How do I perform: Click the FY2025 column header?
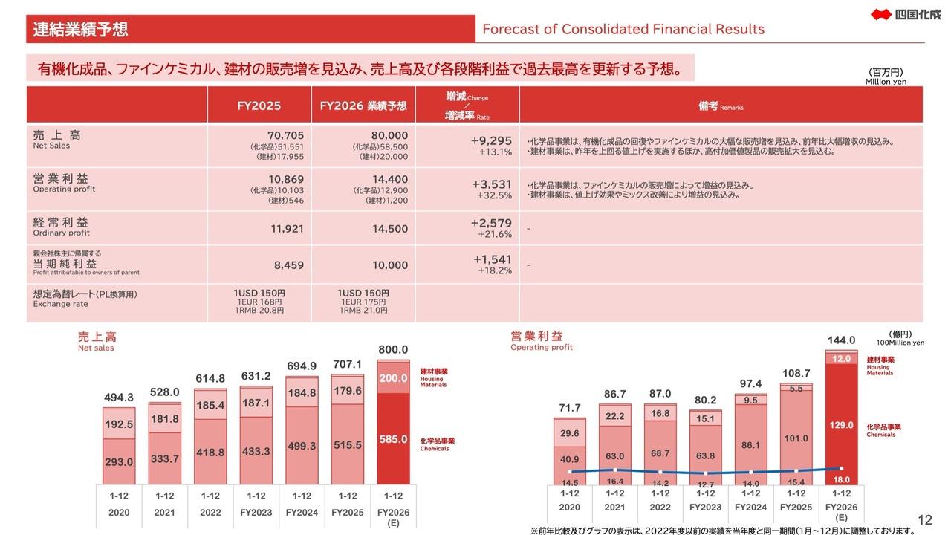point(259,106)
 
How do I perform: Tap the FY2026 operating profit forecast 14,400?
point(390,179)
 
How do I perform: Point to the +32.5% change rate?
point(494,195)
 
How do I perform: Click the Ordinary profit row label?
point(61,227)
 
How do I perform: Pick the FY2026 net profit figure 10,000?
point(390,265)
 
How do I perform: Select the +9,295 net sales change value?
point(491,140)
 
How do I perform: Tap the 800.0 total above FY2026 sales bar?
point(393,349)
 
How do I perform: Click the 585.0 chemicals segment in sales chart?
point(394,439)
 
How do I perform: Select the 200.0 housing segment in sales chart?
point(394,378)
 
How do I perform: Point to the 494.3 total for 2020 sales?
point(118,398)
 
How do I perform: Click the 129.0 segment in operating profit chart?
point(841,424)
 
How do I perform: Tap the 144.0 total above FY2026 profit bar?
point(841,340)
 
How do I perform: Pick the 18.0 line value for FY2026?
point(841,479)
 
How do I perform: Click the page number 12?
point(925,520)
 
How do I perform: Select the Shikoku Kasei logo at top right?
point(906,13)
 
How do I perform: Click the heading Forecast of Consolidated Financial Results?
point(623,30)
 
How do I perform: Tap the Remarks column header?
point(720,106)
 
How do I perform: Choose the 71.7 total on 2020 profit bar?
point(570,408)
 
